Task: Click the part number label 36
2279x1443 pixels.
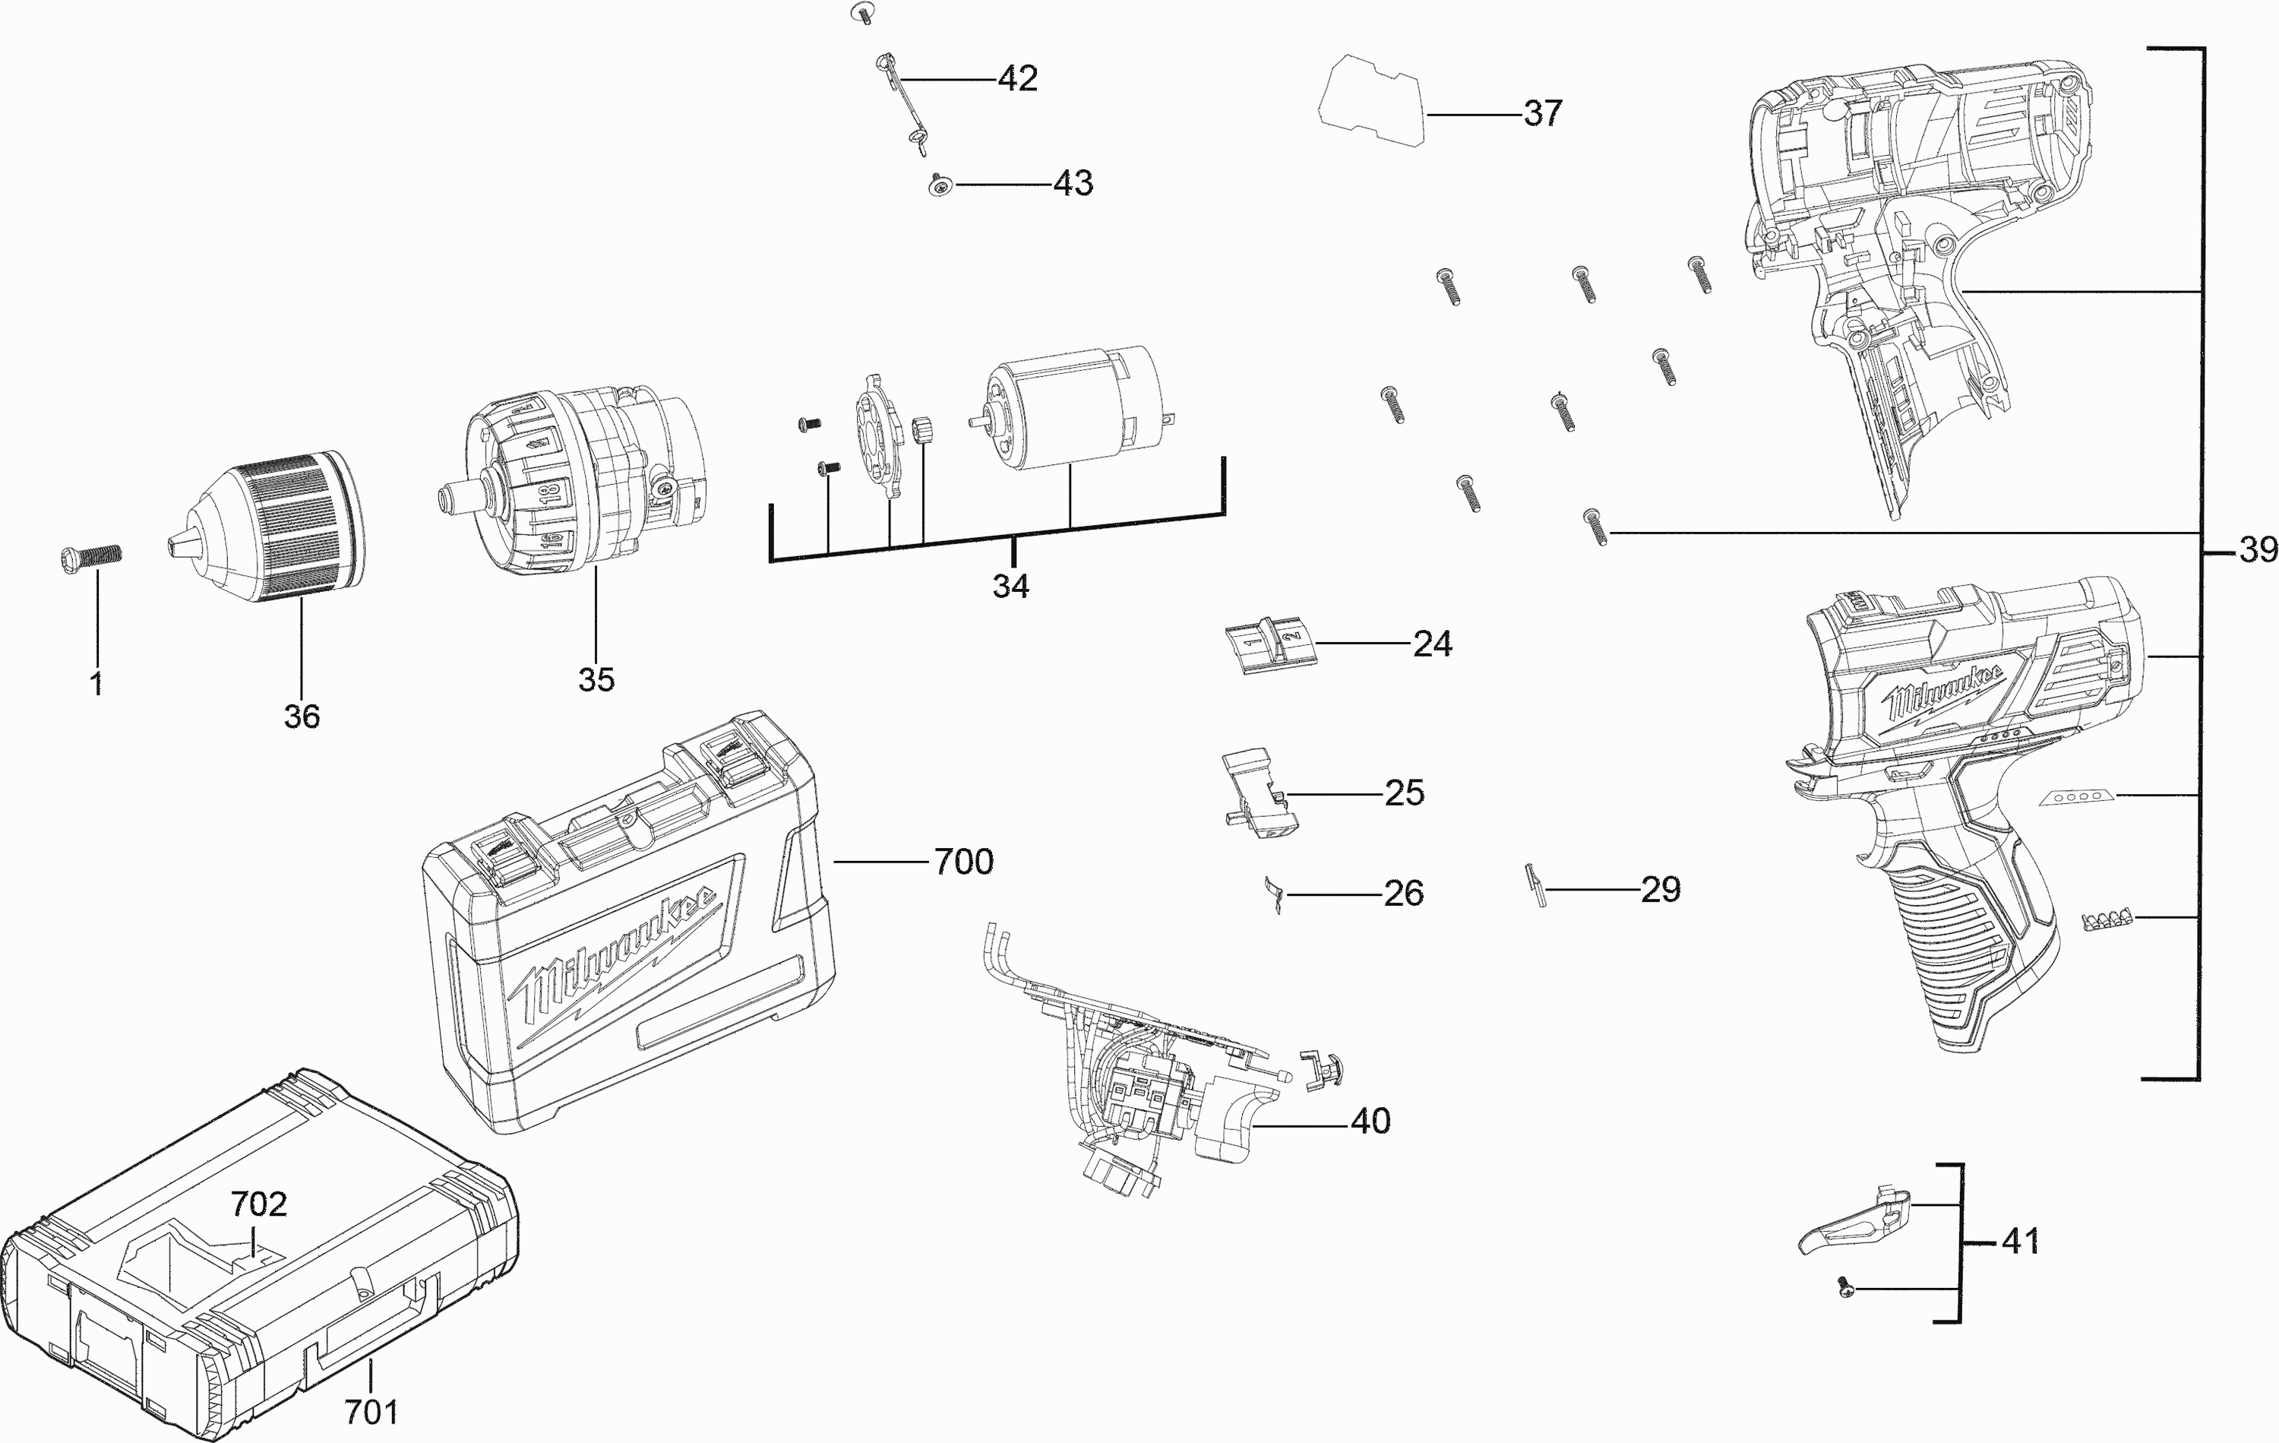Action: (x=302, y=717)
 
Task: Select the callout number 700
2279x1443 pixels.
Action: (x=963, y=862)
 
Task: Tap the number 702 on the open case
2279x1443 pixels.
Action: (x=258, y=1204)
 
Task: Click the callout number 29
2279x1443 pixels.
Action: (x=1660, y=889)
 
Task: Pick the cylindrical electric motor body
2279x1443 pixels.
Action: (x=1070, y=407)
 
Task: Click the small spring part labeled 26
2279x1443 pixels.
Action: (x=1274, y=893)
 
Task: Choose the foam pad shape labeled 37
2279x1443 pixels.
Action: (x=1372, y=100)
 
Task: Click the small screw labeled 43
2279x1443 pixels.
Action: (x=939, y=185)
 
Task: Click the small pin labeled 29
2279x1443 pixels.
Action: (x=1535, y=886)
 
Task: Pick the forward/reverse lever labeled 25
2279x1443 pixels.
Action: (x=1255, y=793)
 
